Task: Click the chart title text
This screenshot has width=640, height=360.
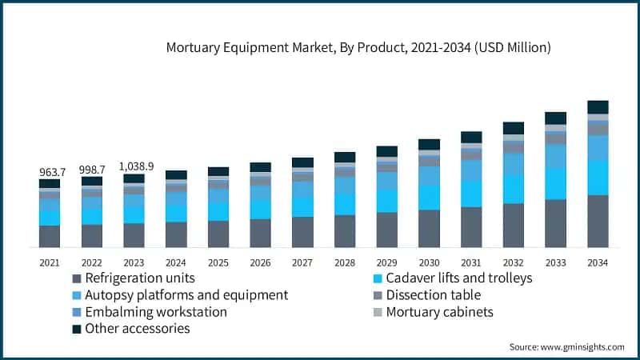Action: point(358,48)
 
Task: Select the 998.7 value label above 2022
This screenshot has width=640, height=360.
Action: point(92,170)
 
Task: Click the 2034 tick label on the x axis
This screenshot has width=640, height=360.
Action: point(598,262)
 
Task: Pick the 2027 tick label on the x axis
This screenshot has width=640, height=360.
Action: point(302,262)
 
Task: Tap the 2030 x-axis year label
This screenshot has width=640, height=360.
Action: point(429,262)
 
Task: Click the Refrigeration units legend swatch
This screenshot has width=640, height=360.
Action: point(77,278)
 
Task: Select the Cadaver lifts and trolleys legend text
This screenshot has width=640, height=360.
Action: point(458,278)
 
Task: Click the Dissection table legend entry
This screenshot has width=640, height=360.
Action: point(433,295)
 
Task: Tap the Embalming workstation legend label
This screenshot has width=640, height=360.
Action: point(156,312)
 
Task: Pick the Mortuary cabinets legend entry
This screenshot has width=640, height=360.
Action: point(439,312)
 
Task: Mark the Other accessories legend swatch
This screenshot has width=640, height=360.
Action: point(77,329)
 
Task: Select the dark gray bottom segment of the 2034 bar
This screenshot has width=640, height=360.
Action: point(598,221)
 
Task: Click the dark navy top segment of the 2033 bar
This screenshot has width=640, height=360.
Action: point(555,118)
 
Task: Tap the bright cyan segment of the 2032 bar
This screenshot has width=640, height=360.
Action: point(513,189)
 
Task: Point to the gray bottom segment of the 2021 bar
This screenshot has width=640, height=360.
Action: point(50,236)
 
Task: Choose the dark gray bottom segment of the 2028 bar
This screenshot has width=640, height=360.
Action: point(345,230)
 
